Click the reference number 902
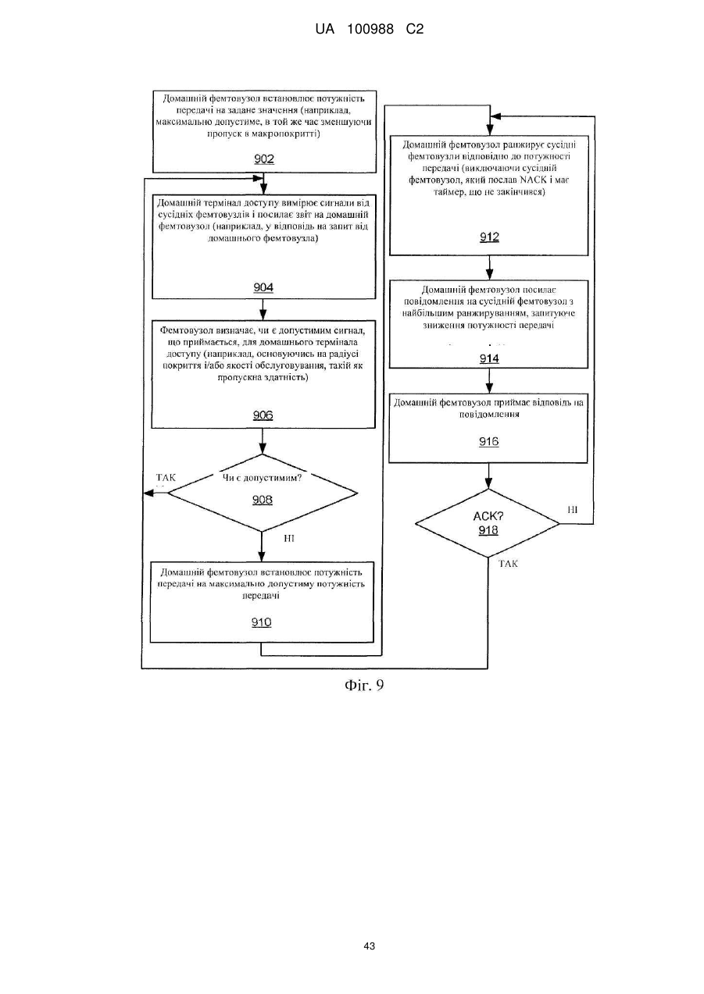click(264, 159)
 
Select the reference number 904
click(263, 287)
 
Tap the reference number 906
click(263, 415)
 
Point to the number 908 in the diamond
click(263, 500)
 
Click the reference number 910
click(261, 622)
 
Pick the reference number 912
click(489, 237)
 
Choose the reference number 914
click(489, 358)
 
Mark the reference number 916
click(488, 441)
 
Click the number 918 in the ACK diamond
click(488, 530)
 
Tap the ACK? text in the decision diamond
click(488, 516)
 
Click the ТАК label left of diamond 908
click(166, 477)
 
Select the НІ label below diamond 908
click(288, 538)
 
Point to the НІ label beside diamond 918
click(573, 510)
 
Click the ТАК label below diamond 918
click(508, 564)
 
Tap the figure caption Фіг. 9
click(364, 685)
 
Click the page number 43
click(369, 946)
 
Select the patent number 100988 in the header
click(370, 30)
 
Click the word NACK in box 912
click(533, 180)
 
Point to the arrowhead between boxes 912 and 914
click(489, 275)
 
